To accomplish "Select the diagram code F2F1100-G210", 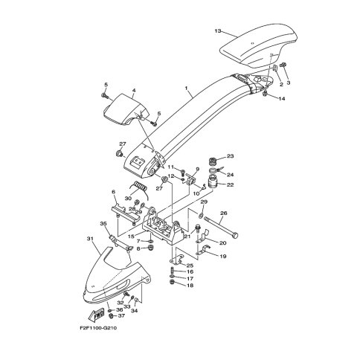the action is (x=98, y=328).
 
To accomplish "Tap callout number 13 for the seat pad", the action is (x=218, y=31).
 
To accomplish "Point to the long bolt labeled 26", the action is (x=221, y=226).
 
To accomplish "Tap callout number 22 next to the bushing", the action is (x=231, y=184).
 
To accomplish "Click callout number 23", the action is (x=231, y=156).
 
